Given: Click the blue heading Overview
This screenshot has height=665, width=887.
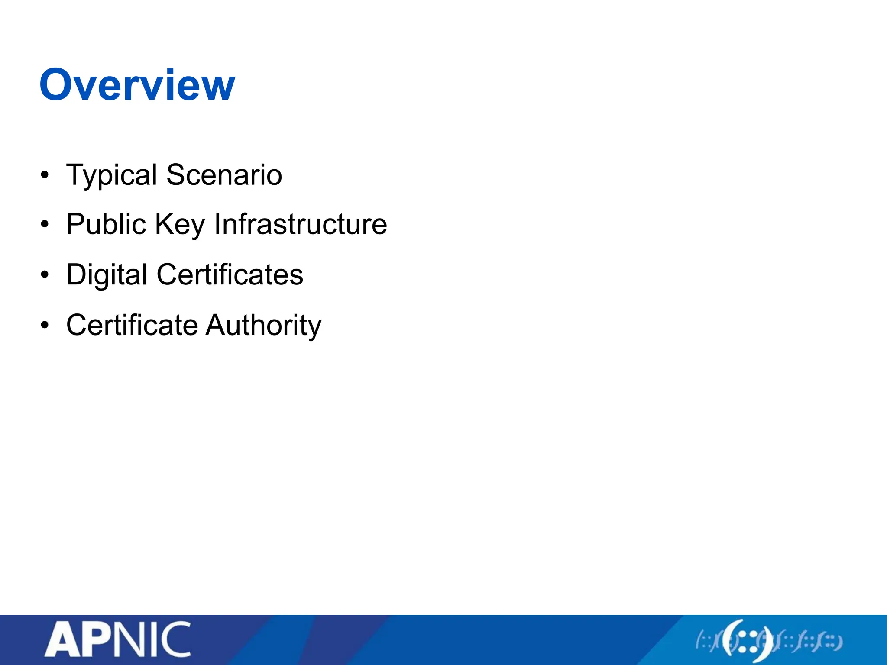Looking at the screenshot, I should (137, 85).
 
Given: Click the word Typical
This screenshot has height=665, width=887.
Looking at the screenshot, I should (111, 175).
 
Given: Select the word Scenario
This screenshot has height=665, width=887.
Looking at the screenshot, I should (224, 175).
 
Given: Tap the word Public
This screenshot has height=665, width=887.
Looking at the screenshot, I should (106, 224).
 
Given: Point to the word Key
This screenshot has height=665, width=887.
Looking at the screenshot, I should (179, 225).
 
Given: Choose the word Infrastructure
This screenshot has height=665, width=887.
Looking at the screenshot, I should (301, 224).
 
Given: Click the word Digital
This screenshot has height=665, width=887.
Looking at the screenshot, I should (107, 275).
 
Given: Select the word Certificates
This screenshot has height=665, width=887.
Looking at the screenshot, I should (230, 274).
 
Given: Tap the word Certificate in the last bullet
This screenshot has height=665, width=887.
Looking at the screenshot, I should (132, 325).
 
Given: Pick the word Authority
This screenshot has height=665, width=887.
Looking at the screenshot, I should (263, 326).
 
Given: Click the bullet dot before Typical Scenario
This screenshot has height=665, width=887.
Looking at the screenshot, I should (45, 175).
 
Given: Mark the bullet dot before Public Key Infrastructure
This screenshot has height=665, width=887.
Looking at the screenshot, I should (45, 225).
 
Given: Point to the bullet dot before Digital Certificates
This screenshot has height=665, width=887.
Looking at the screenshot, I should (45, 275).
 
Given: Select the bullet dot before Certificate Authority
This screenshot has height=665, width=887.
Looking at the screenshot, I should (45, 325).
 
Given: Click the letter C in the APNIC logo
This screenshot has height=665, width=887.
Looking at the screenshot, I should (176, 639).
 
